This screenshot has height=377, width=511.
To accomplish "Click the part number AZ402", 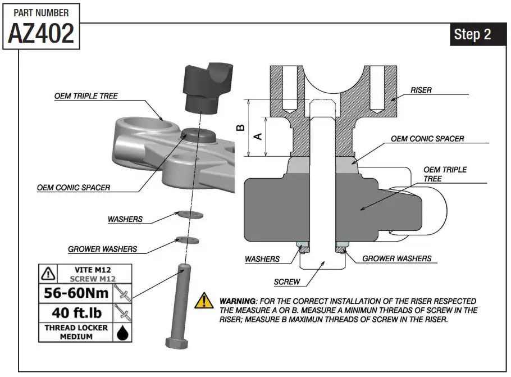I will coord(41,33).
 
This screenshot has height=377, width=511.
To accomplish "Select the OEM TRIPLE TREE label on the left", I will coord(86,96).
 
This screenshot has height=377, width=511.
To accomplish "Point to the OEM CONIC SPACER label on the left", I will coord(74,187).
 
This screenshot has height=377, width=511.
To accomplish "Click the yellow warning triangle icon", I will coord(203,302).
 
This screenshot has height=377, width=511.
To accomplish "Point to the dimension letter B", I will coord(240,127).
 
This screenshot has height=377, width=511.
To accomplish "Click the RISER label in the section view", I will coord(421,89).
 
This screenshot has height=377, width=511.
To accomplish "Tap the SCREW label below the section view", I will coord(287,281).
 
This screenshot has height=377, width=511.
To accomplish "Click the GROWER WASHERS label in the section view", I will coord(396,258).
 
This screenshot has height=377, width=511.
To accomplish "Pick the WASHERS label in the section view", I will coord(262,259).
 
